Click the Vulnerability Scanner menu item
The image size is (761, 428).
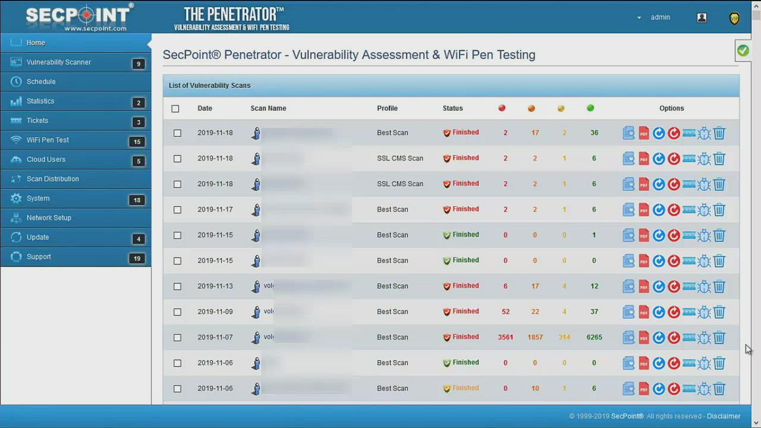[x=58, y=62]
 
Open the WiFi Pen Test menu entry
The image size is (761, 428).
[x=48, y=140]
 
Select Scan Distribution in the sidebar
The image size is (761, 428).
[x=52, y=179]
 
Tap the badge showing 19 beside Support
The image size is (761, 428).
[x=137, y=259]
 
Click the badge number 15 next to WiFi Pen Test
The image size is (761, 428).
[x=137, y=141]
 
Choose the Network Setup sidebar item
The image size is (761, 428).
[x=49, y=218]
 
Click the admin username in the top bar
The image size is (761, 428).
[x=660, y=17]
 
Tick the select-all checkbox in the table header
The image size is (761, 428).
[x=175, y=109]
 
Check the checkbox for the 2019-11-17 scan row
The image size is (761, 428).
[x=177, y=210]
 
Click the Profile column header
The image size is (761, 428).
[x=387, y=108]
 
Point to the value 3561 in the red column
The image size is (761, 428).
[x=505, y=337]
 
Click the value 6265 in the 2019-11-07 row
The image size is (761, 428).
[x=594, y=337]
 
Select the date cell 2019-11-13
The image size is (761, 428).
[x=215, y=286]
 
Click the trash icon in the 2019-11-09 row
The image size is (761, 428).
[x=719, y=312]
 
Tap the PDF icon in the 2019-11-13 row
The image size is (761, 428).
[x=644, y=287]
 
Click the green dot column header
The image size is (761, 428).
[x=590, y=108]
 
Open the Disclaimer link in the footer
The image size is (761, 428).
[x=724, y=416]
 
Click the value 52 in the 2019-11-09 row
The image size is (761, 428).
[x=505, y=311]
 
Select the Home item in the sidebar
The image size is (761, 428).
[x=36, y=43]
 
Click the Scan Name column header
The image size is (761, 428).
[x=268, y=108]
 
